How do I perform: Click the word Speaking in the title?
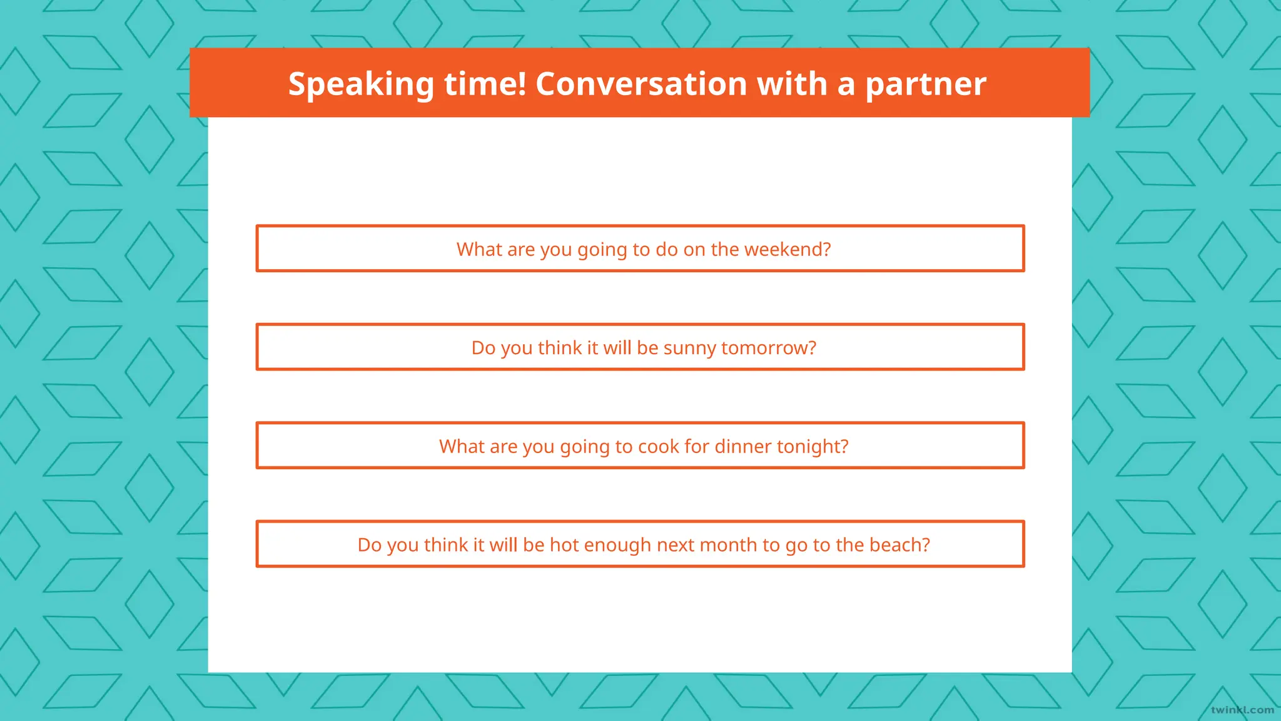pyautogui.click(x=361, y=84)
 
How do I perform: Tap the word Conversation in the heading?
pyautogui.click(x=641, y=84)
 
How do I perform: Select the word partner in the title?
pyautogui.click(x=925, y=84)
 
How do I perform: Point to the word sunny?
pyautogui.click(x=690, y=348)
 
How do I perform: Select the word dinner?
pyautogui.click(x=742, y=446)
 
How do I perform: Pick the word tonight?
pyautogui.click(x=813, y=447)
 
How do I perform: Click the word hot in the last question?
pyautogui.click(x=564, y=545)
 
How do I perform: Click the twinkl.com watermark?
pyautogui.click(x=1242, y=710)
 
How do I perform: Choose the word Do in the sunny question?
pyautogui.click(x=483, y=348)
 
